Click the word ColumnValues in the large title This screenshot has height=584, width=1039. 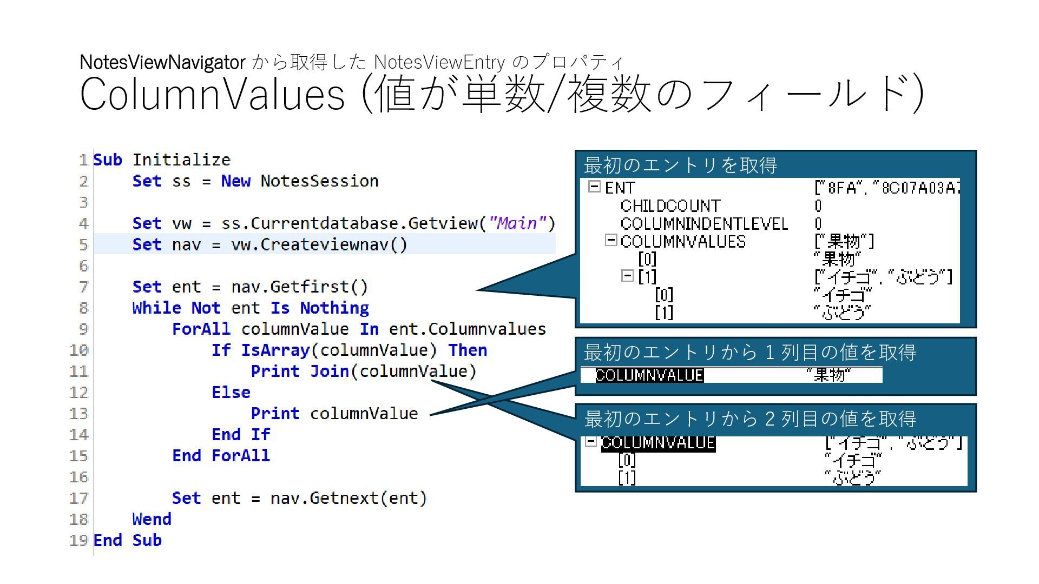pyautogui.click(x=212, y=95)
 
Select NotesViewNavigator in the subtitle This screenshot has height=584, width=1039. pyautogui.click(x=162, y=63)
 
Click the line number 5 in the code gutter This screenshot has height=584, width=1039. pyautogui.click(x=83, y=244)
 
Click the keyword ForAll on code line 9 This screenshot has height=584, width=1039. pyautogui.click(x=201, y=329)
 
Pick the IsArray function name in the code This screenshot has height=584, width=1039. pyautogui.click(x=275, y=350)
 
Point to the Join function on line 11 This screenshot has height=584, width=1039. pyautogui.click(x=329, y=371)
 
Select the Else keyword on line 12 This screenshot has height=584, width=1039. pyautogui.click(x=231, y=392)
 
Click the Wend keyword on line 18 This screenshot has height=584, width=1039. pyautogui.click(x=152, y=519)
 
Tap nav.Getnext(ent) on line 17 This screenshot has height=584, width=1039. pyautogui.click(x=348, y=498)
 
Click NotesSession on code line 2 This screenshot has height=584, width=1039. pyautogui.click(x=319, y=181)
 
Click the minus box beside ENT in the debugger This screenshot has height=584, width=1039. pyautogui.click(x=594, y=187)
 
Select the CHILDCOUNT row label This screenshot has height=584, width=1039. pyautogui.click(x=670, y=206)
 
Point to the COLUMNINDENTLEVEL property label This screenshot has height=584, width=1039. pyautogui.click(x=704, y=224)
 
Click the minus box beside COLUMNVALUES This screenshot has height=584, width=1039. pyautogui.click(x=611, y=240)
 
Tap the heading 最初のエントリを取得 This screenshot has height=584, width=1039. pyautogui.click(x=680, y=165)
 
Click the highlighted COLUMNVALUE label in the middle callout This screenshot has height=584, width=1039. pyautogui.click(x=649, y=375)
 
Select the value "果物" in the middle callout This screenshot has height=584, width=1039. pyautogui.click(x=828, y=375)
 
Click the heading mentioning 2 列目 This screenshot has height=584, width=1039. pyautogui.click(x=750, y=419)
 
